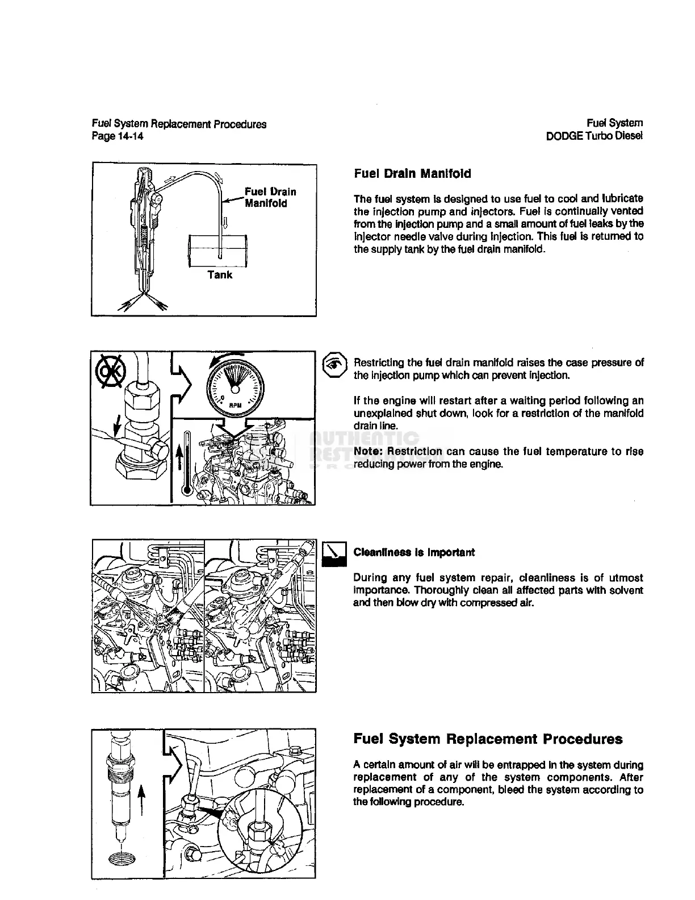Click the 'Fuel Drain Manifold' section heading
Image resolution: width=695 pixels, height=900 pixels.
[x=412, y=174]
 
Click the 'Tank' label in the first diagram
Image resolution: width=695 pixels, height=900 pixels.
[x=220, y=275]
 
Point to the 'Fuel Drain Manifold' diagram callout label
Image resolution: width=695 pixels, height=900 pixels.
[x=270, y=197]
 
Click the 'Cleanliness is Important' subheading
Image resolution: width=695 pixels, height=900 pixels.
[x=414, y=552]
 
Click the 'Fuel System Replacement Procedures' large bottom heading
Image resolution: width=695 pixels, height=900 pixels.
[x=488, y=739]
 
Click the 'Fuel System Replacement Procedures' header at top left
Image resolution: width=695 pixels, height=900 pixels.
[x=179, y=124]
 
